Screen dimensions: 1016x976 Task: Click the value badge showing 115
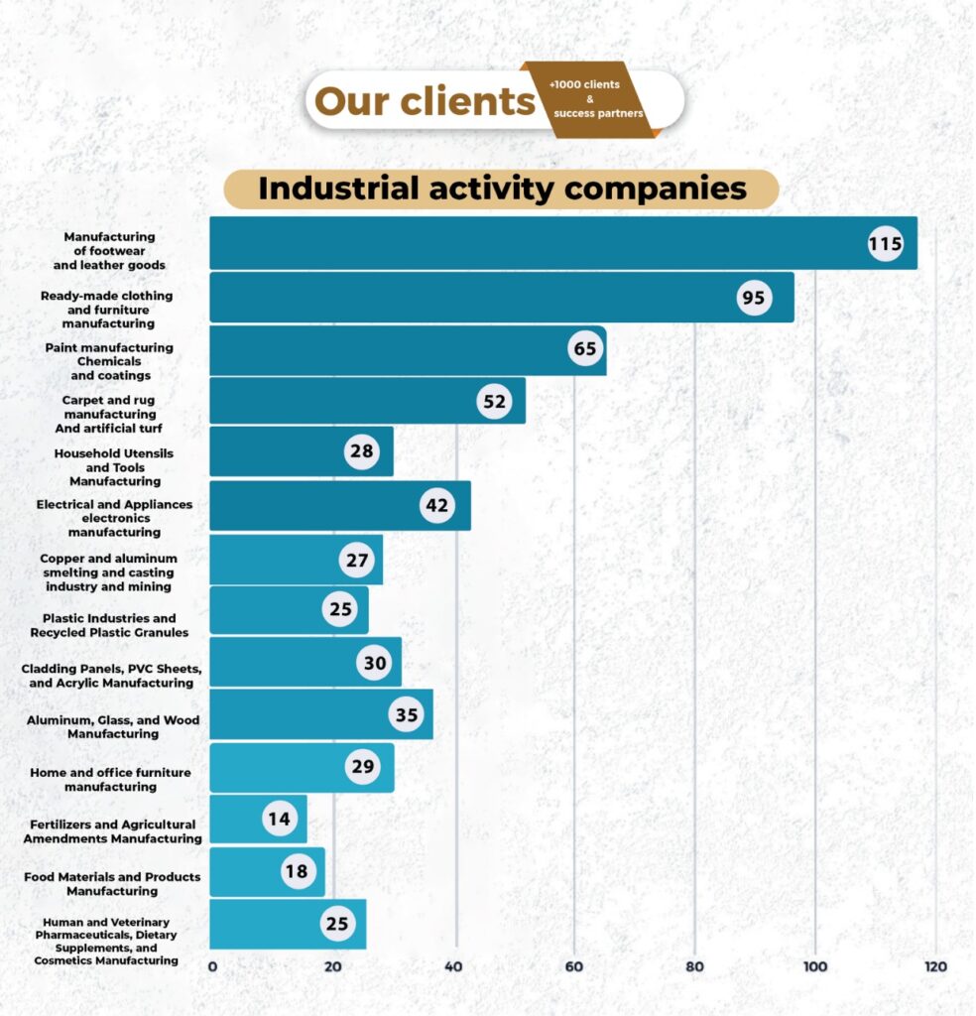coord(885,243)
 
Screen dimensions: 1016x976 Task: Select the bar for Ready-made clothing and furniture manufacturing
coord(476,297)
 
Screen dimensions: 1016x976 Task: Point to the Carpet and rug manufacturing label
coord(109,414)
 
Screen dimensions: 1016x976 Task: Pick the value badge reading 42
coord(436,505)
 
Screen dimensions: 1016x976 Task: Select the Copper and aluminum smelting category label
coord(109,572)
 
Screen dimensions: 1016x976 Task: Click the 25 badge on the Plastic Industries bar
coord(340,609)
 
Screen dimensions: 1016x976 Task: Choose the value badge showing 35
coord(406,714)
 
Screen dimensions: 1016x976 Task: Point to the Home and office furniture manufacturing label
coord(110,779)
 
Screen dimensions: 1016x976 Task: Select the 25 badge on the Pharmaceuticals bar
coord(337,924)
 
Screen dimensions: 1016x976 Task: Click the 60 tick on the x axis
coord(574,966)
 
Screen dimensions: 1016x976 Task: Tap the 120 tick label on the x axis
coord(935,966)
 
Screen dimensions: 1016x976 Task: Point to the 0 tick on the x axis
coord(212,966)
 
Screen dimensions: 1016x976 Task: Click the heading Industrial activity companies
coord(502,189)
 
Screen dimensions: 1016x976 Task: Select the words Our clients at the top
coord(425,101)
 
